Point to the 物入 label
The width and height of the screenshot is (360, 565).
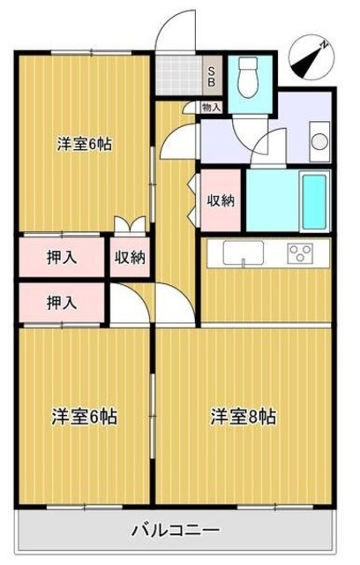pos(212,107)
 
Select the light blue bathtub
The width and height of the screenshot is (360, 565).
pos(313,200)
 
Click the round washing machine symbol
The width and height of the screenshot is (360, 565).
pos(319,139)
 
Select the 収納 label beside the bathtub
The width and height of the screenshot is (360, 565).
pos(221,200)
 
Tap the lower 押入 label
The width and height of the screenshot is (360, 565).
pos(61,302)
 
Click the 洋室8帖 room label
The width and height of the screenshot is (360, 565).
pos(242,416)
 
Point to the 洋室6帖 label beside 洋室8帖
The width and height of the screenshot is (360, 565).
pos(85,416)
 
